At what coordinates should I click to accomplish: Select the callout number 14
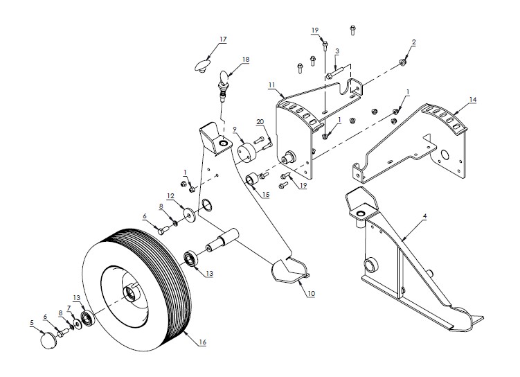point(473,100)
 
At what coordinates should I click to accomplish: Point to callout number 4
point(424,217)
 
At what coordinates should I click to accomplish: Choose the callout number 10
point(311,294)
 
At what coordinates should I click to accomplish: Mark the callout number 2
point(413,42)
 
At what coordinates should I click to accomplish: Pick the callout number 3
point(337,51)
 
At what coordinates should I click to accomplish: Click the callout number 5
point(31,322)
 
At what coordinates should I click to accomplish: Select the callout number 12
point(170,195)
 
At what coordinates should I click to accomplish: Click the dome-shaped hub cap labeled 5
point(48,341)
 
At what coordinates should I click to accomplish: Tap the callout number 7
point(68,308)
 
